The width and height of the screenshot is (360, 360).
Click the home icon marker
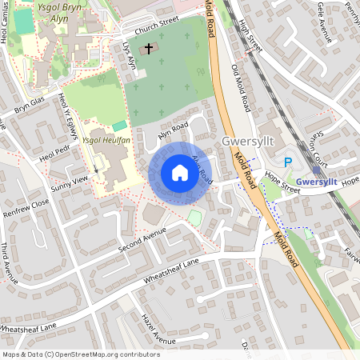pyautogui.click(x=180, y=173)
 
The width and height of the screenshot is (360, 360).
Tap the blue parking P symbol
pyautogui.click(x=288, y=162)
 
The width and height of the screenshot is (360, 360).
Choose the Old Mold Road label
pyautogui.click(x=240, y=88)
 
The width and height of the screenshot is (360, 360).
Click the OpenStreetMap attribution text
pyautogui.click(x=80, y=354)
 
